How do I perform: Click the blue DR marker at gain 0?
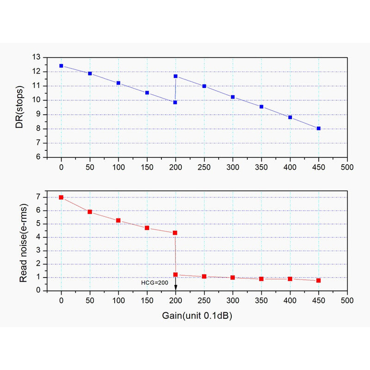pos(61,66)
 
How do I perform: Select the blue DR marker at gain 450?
pos(319,128)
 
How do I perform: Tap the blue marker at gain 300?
pos(233,97)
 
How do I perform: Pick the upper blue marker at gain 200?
pos(176,76)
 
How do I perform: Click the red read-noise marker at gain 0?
pos(61,197)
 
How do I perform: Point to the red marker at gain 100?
pos(118,220)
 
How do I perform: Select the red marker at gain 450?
pos(319,280)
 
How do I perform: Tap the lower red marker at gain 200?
pos(176,274)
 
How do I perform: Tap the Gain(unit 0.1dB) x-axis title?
pos(197,315)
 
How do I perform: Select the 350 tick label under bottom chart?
pos(261,300)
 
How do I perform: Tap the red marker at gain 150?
pos(147,228)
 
